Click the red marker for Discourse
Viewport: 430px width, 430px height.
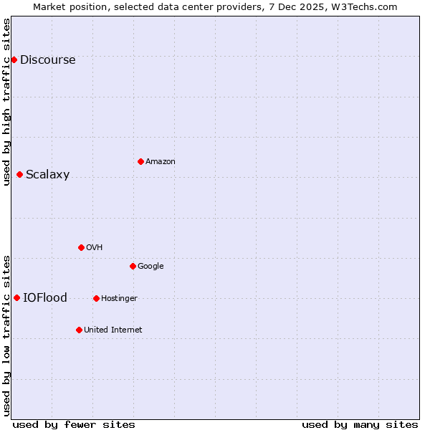pos(14,59)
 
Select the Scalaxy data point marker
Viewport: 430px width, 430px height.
pos(19,174)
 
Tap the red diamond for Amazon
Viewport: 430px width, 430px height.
pos(140,161)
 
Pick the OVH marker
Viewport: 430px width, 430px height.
pos(81,247)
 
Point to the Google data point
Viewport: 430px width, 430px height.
pos(133,266)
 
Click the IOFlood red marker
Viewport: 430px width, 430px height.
pos(16,297)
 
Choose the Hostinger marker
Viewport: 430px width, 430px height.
pos(96,298)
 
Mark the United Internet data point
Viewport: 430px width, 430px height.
pos(79,330)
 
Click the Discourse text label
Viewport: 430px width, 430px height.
pos(47,60)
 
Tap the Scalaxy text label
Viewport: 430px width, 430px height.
pos(47,175)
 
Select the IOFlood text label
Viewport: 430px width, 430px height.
pos(45,298)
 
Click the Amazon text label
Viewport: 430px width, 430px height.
pos(161,162)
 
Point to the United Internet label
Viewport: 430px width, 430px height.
pos(113,330)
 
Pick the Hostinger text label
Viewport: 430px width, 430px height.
pos(119,299)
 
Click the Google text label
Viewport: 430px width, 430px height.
pos(150,267)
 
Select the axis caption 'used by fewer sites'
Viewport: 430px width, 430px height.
pos(74,424)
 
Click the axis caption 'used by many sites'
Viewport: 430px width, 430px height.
pos(360,424)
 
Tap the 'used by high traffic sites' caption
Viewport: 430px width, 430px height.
pos(7,102)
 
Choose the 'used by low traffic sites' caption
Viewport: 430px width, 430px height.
pos(7,335)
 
